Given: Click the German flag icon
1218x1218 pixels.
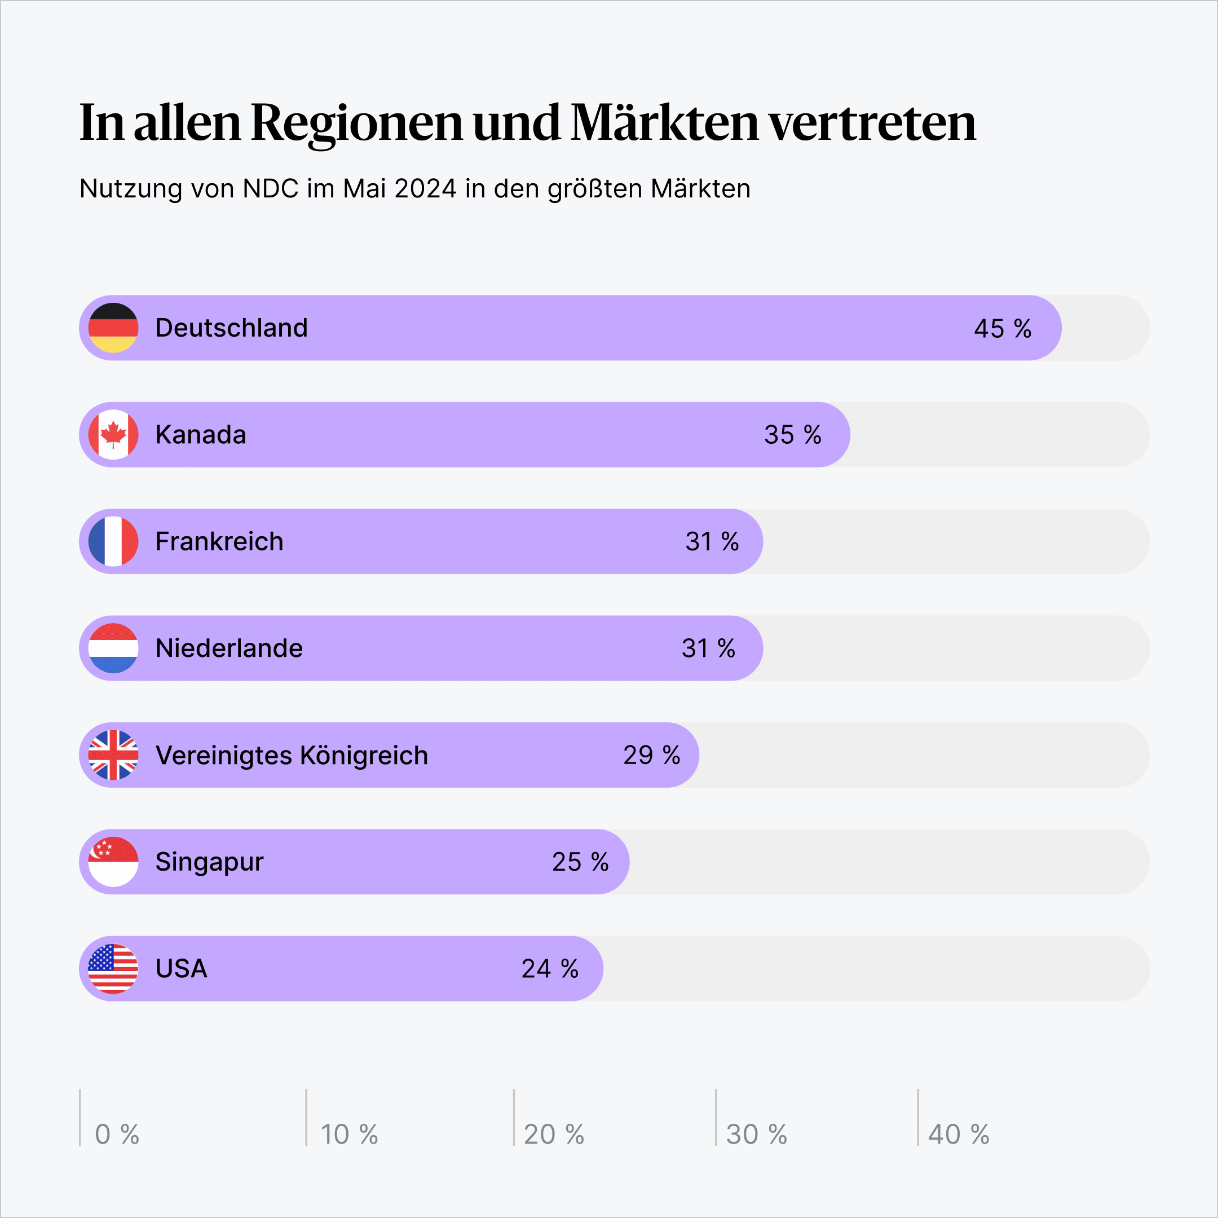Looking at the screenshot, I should point(113,328).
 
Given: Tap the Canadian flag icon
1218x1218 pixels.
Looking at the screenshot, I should point(113,434).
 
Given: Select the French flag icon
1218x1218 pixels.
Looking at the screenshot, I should point(113,541).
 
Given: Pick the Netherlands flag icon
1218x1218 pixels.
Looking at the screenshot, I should point(113,648).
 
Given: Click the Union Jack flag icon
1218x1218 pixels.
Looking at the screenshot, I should point(113,754).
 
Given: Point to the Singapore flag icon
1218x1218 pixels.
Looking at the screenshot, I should point(113,862).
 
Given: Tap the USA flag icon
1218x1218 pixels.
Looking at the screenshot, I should point(113,968).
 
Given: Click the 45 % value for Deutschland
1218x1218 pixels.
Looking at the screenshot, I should point(1003,328).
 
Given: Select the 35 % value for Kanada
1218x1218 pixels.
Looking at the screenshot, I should point(792,435).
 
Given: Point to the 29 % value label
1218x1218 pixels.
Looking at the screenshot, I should point(651,755).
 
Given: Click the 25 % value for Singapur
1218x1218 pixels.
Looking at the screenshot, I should point(580,862).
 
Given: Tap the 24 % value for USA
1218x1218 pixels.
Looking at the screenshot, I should point(550,969).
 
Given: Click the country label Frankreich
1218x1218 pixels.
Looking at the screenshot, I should point(219,541).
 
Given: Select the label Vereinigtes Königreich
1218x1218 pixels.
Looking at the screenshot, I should point(292,755).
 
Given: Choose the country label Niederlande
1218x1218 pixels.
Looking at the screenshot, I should point(229,648).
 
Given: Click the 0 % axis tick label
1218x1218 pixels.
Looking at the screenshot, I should point(117,1134).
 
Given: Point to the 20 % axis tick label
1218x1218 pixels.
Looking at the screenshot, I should point(554,1134).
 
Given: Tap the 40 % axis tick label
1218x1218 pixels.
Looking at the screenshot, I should point(958,1134).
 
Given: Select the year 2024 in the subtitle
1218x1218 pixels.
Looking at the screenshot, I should point(425,188).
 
